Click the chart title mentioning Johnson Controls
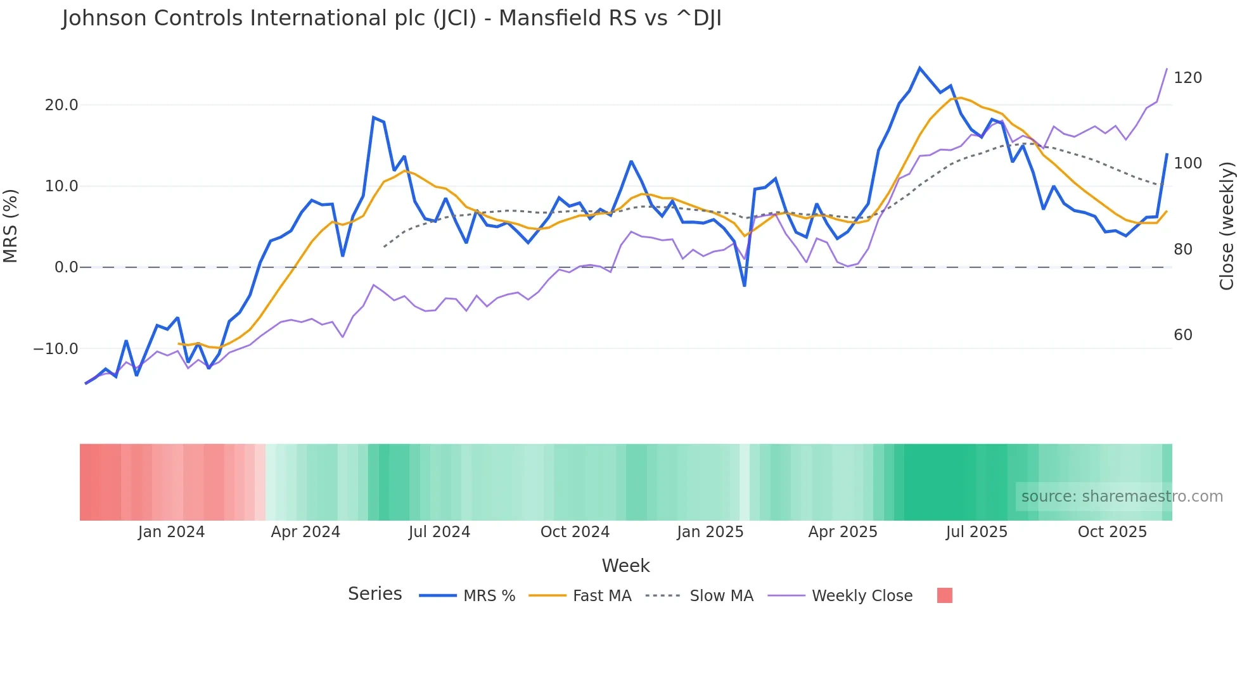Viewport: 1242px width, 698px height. pyautogui.click(x=392, y=18)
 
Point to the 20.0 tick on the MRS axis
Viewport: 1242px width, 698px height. pyautogui.click(x=61, y=105)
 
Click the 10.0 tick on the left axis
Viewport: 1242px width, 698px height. pyautogui.click(x=61, y=186)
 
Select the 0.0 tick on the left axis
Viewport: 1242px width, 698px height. pyautogui.click(x=66, y=267)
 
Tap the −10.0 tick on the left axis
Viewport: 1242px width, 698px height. pyautogui.click(x=56, y=349)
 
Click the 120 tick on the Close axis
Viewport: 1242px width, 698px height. pyautogui.click(x=1188, y=78)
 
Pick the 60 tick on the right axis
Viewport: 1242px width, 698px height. pyautogui.click(x=1183, y=335)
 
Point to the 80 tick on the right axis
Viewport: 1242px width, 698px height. pyautogui.click(x=1183, y=250)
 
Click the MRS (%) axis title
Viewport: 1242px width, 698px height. pyautogui.click(x=11, y=225)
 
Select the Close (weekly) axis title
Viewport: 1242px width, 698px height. pyautogui.click(x=1227, y=225)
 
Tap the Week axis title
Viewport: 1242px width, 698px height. pyautogui.click(x=625, y=566)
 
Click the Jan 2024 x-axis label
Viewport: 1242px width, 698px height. pyautogui.click(x=171, y=532)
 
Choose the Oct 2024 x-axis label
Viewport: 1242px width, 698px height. pyautogui.click(x=575, y=532)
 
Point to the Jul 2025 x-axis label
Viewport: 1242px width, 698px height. pyautogui.click(x=976, y=532)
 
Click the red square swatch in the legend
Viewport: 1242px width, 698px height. pyautogui.click(x=944, y=595)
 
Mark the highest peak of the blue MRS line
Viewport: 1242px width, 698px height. pyautogui.click(x=919, y=68)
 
